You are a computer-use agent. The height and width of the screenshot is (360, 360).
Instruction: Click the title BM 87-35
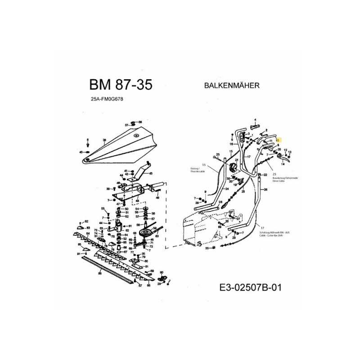pyautogui.click(x=120, y=85)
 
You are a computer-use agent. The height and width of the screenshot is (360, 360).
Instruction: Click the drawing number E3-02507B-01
pyautogui.click(x=251, y=287)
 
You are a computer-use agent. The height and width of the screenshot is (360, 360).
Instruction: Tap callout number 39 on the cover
pyautogui.click(x=104, y=140)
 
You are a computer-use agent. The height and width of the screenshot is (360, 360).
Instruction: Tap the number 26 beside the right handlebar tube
pyautogui.click(x=265, y=190)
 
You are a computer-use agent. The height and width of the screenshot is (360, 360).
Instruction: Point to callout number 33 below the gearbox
pyautogui.click(x=207, y=248)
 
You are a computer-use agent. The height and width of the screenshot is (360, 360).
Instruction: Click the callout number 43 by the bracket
pyautogui.click(x=150, y=173)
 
